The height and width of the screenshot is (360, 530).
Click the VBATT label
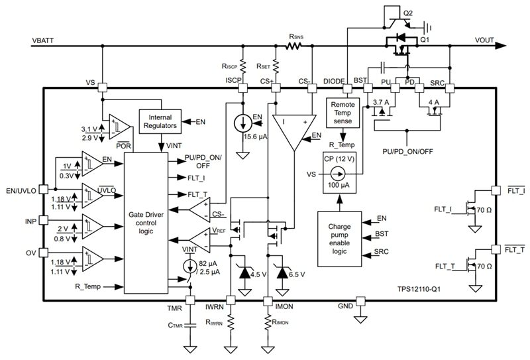[x=43, y=40]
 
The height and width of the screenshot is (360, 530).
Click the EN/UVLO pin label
[x=20, y=191]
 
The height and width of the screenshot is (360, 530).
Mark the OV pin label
[x=30, y=252]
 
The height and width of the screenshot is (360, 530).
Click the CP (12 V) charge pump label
[x=337, y=158]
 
